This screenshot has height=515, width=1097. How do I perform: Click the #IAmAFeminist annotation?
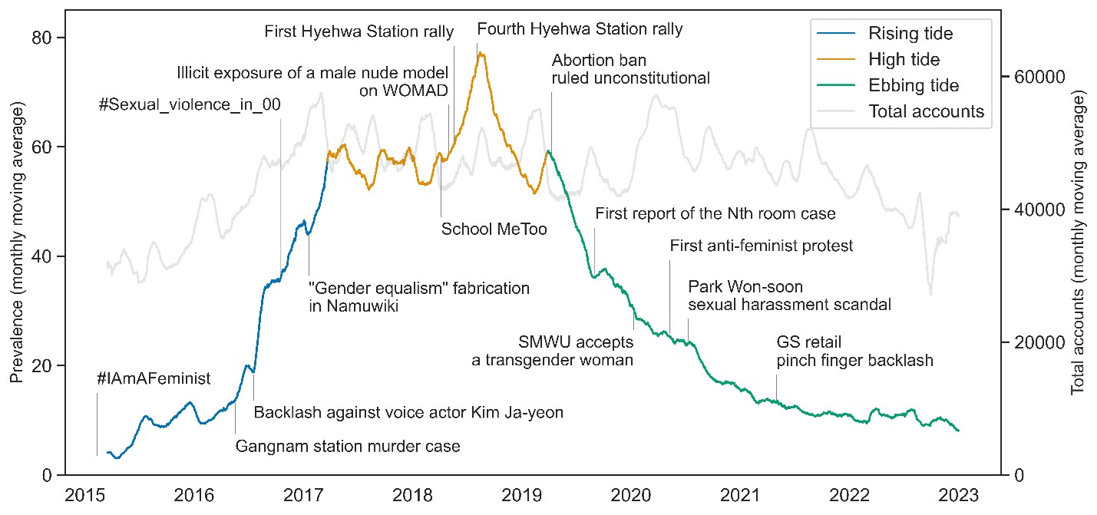[154, 378]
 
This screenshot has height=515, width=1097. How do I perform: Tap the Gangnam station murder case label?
[347, 445]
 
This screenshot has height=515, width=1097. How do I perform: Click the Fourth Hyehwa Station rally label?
[580, 30]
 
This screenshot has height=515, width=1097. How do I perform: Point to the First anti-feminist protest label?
[761, 246]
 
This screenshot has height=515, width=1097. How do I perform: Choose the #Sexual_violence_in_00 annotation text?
[189, 105]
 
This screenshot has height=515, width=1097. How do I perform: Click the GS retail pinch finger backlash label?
[854, 351]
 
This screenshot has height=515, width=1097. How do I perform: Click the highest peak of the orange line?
[481, 53]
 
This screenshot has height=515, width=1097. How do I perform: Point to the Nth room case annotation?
[715, 213]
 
